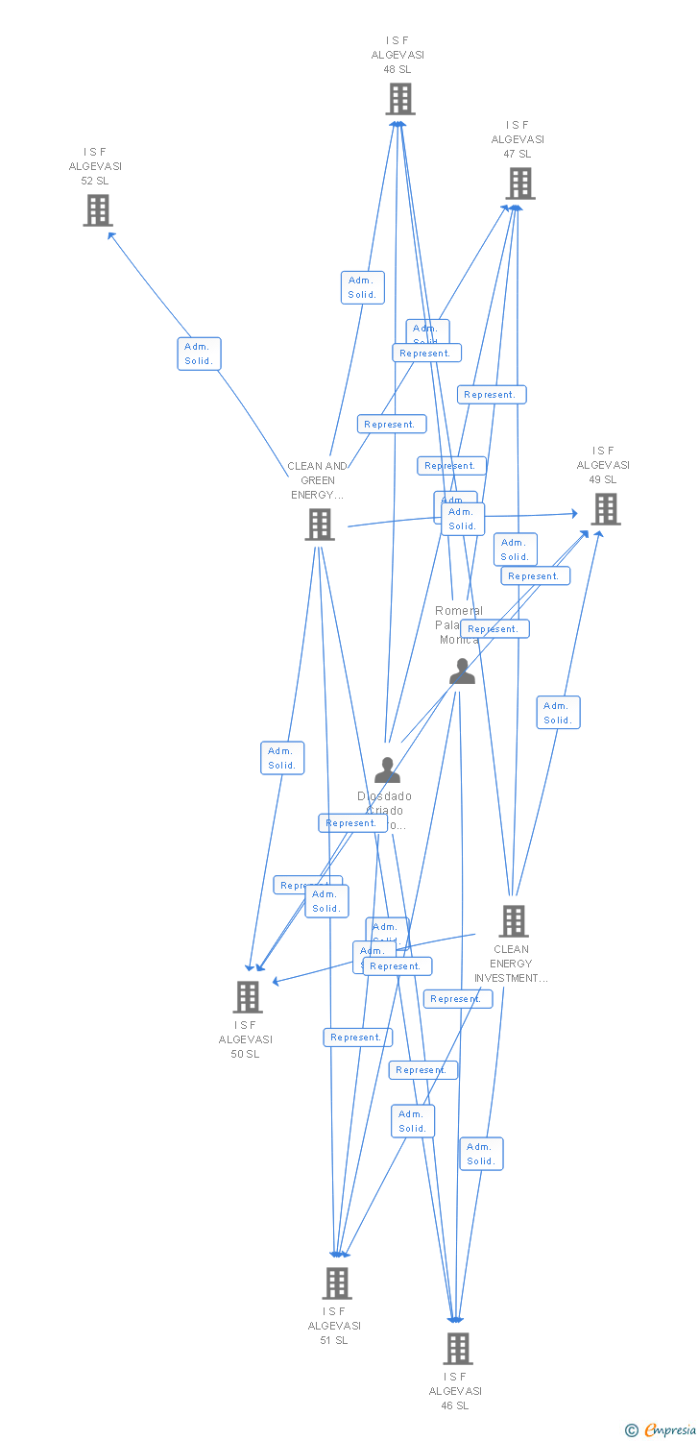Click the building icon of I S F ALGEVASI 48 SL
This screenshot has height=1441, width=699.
click(x=400, y=99)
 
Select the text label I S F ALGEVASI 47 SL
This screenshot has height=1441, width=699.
click(x=518, y=139)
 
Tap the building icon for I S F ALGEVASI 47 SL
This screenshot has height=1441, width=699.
click(x=520, y=183)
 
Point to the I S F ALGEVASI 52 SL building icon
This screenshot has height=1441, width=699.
click(x=98, y=210)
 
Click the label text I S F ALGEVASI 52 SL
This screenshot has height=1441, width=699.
click(x=95, y=166)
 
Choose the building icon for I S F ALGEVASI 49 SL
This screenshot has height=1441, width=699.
click(x=606, y=509)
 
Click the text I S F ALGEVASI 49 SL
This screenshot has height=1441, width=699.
click(x=603, y=465)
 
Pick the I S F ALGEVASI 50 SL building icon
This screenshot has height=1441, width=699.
click(x=248, y=997)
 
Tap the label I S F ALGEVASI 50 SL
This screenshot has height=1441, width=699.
click(x=245, y=1039)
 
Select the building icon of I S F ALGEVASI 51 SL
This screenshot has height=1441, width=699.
click(x=337, y=1282)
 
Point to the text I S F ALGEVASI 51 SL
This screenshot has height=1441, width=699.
click(x=334, y=1326)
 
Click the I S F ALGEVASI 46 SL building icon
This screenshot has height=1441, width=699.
click(x=458, y=1348)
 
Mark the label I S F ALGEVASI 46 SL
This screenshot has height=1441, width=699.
click(x=455, y=1391)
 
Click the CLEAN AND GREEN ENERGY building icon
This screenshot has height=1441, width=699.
click(x=320, y=525)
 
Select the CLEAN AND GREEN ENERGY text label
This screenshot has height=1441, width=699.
click(x=318, y=480)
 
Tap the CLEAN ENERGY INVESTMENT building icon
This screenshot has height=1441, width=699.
click(x=514, y=921)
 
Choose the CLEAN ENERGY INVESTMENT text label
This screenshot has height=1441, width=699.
click(x=511, y=964)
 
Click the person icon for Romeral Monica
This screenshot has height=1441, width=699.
click(x=462, y=672)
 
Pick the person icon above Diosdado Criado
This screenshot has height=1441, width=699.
click(x=387, y=770)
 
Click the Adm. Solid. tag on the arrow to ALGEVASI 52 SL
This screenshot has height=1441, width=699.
click(x=199, y=354)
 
